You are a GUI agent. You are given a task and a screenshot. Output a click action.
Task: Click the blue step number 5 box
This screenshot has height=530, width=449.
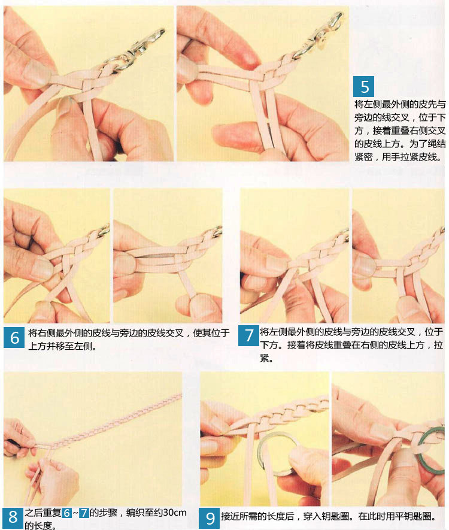(363, 86)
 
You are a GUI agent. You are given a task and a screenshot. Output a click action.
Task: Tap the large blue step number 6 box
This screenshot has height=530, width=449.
(14, 337)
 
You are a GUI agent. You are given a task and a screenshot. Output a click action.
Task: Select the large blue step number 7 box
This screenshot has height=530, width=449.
(248, 335)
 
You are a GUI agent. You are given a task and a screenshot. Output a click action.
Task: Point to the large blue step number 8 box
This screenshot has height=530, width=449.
(13, 518)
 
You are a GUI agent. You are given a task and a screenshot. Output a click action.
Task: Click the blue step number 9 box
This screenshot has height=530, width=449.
(210, 518)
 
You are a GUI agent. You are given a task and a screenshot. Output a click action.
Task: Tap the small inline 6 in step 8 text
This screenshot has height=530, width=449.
(67, 513)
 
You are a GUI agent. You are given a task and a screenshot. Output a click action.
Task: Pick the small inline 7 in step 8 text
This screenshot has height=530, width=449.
(84, 513)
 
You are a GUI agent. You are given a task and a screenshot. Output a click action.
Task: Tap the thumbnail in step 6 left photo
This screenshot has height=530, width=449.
(42, 269)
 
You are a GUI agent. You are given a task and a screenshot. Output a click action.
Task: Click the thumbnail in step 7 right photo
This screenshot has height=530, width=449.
(365, 266)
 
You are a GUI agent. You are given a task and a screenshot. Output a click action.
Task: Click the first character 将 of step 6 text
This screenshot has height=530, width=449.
(33, 333)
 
